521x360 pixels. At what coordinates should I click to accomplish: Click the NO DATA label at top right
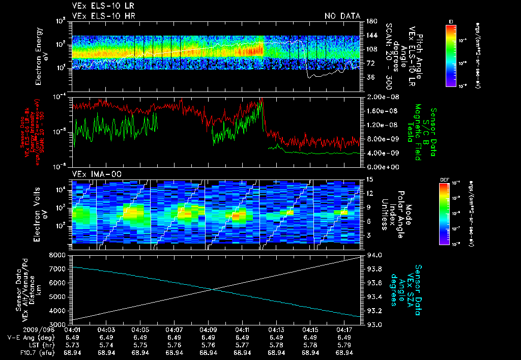(342, 16)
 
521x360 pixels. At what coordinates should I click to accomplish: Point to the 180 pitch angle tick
(371, 21)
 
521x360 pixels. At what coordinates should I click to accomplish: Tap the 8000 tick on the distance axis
(60, 254)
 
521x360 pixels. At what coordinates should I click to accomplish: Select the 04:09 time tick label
(208, 330)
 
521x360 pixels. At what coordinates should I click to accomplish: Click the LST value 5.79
(344, 345)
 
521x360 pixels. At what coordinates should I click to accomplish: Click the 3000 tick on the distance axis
(60, 324)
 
